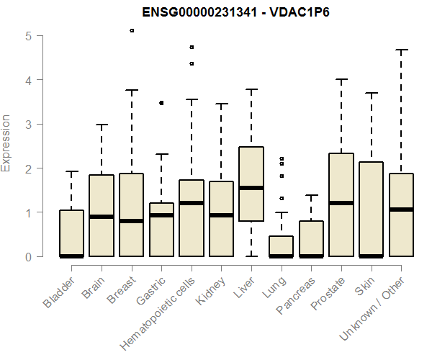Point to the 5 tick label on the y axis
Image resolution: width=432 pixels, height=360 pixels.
(28, 35)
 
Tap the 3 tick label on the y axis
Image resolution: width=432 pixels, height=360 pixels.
(28, 124)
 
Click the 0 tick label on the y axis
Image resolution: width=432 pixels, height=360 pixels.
(28, 256)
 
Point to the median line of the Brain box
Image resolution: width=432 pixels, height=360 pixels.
(102, 217)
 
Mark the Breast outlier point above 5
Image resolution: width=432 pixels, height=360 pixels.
(132, 30)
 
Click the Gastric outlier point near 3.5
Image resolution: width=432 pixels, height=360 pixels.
(161, 103)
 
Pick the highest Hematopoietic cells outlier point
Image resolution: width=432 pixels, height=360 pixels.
(192, 47)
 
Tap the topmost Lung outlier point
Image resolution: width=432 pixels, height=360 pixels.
(282, 158)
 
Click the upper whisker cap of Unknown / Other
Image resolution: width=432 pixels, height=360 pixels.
(401, 50)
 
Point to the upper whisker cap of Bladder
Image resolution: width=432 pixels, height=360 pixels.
(72, 171)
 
